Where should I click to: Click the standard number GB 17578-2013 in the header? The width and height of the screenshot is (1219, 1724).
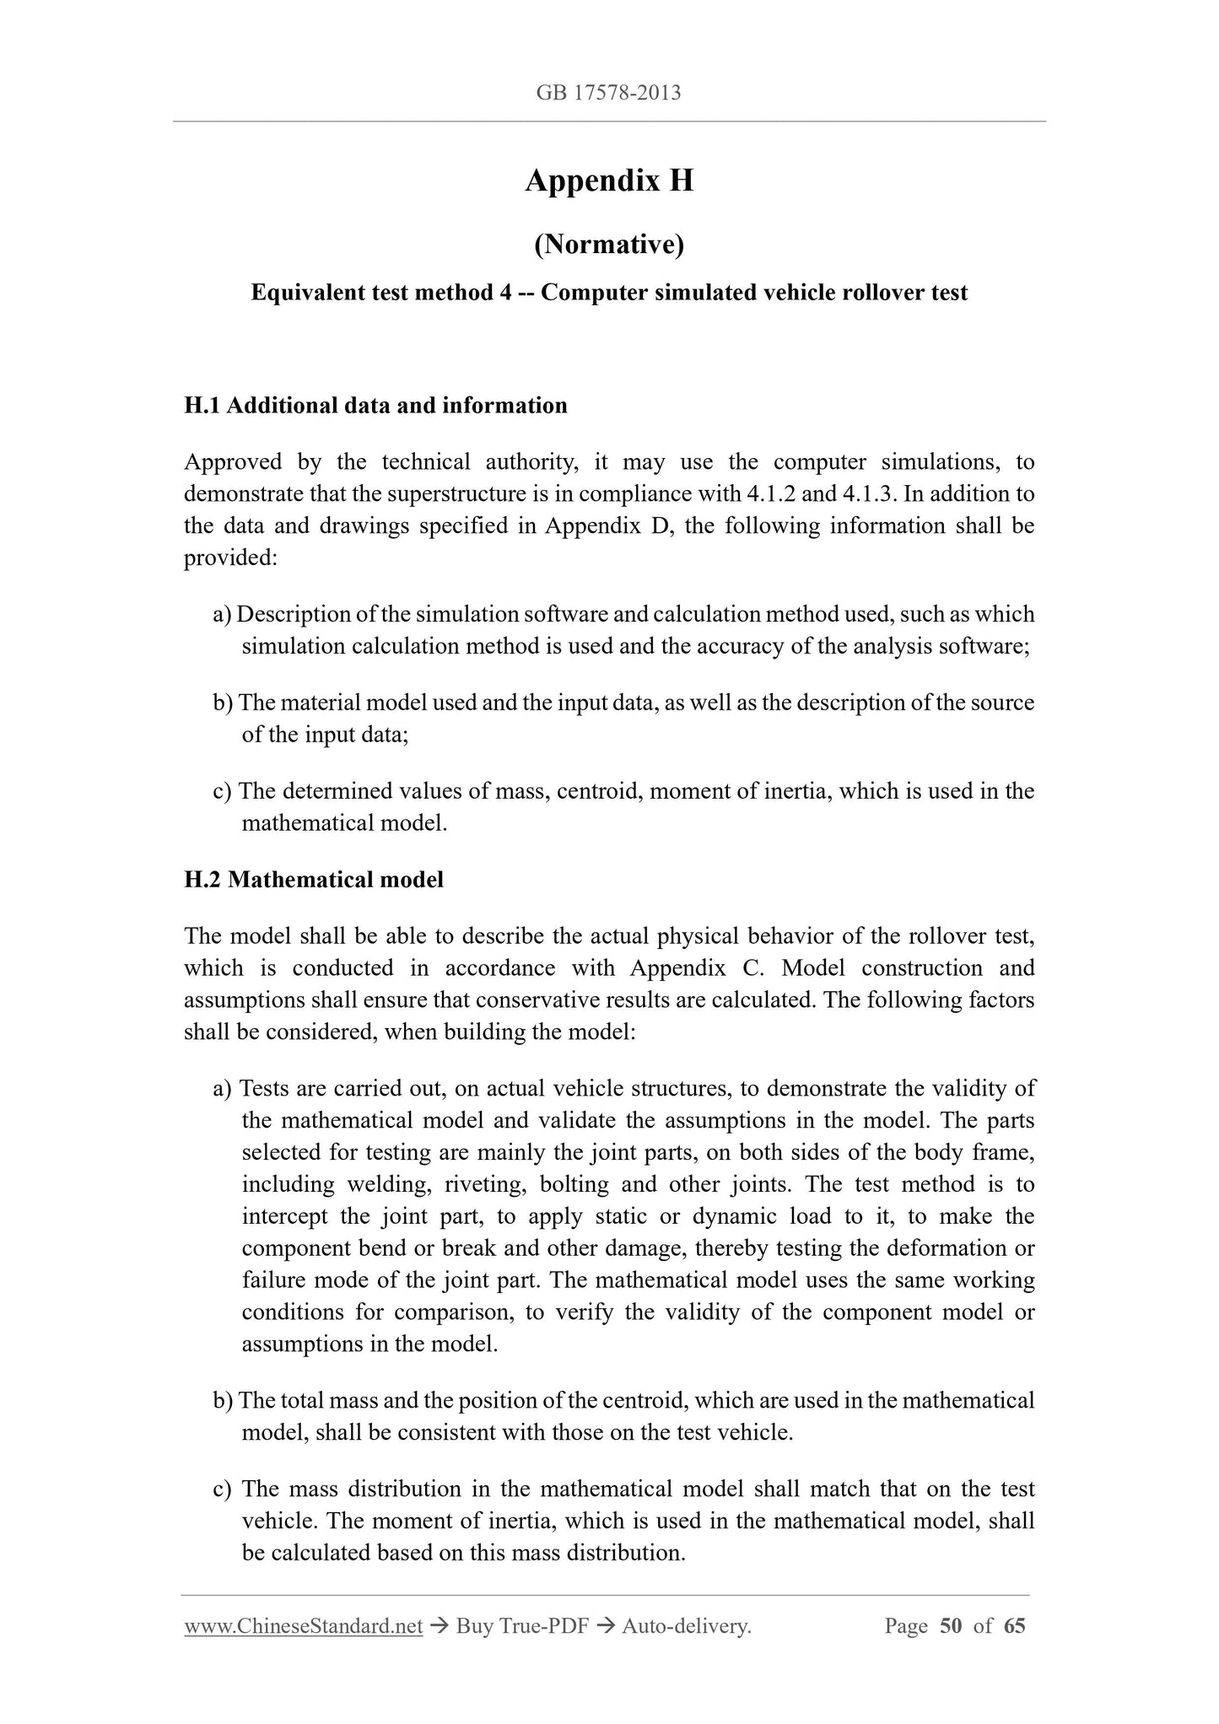pyautogui.click(x=608, y=93)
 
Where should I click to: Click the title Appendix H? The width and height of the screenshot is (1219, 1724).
pyautogui.click(x=609, y=180)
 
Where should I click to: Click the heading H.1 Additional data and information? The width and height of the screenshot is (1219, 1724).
pyautogui.click(x=375, y=406)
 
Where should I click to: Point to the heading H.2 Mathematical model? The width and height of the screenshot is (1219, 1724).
pyautogui.click(x=314, y=880)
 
